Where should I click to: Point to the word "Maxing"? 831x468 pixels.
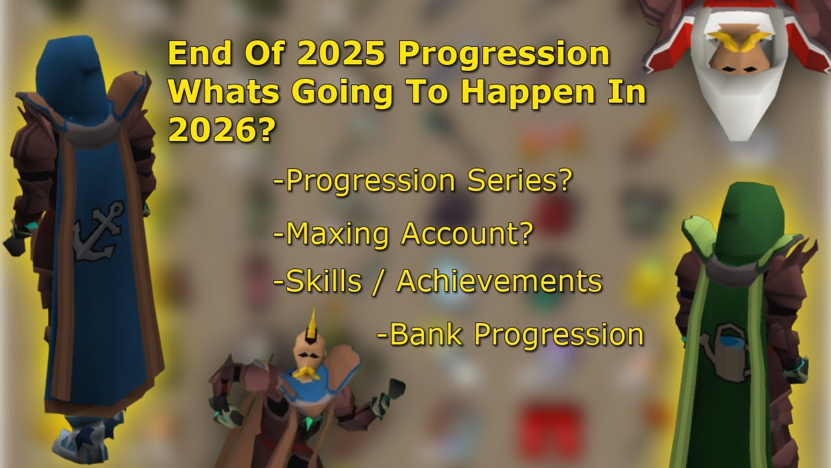(338, 233)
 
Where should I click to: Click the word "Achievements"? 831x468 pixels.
(499, 281)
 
